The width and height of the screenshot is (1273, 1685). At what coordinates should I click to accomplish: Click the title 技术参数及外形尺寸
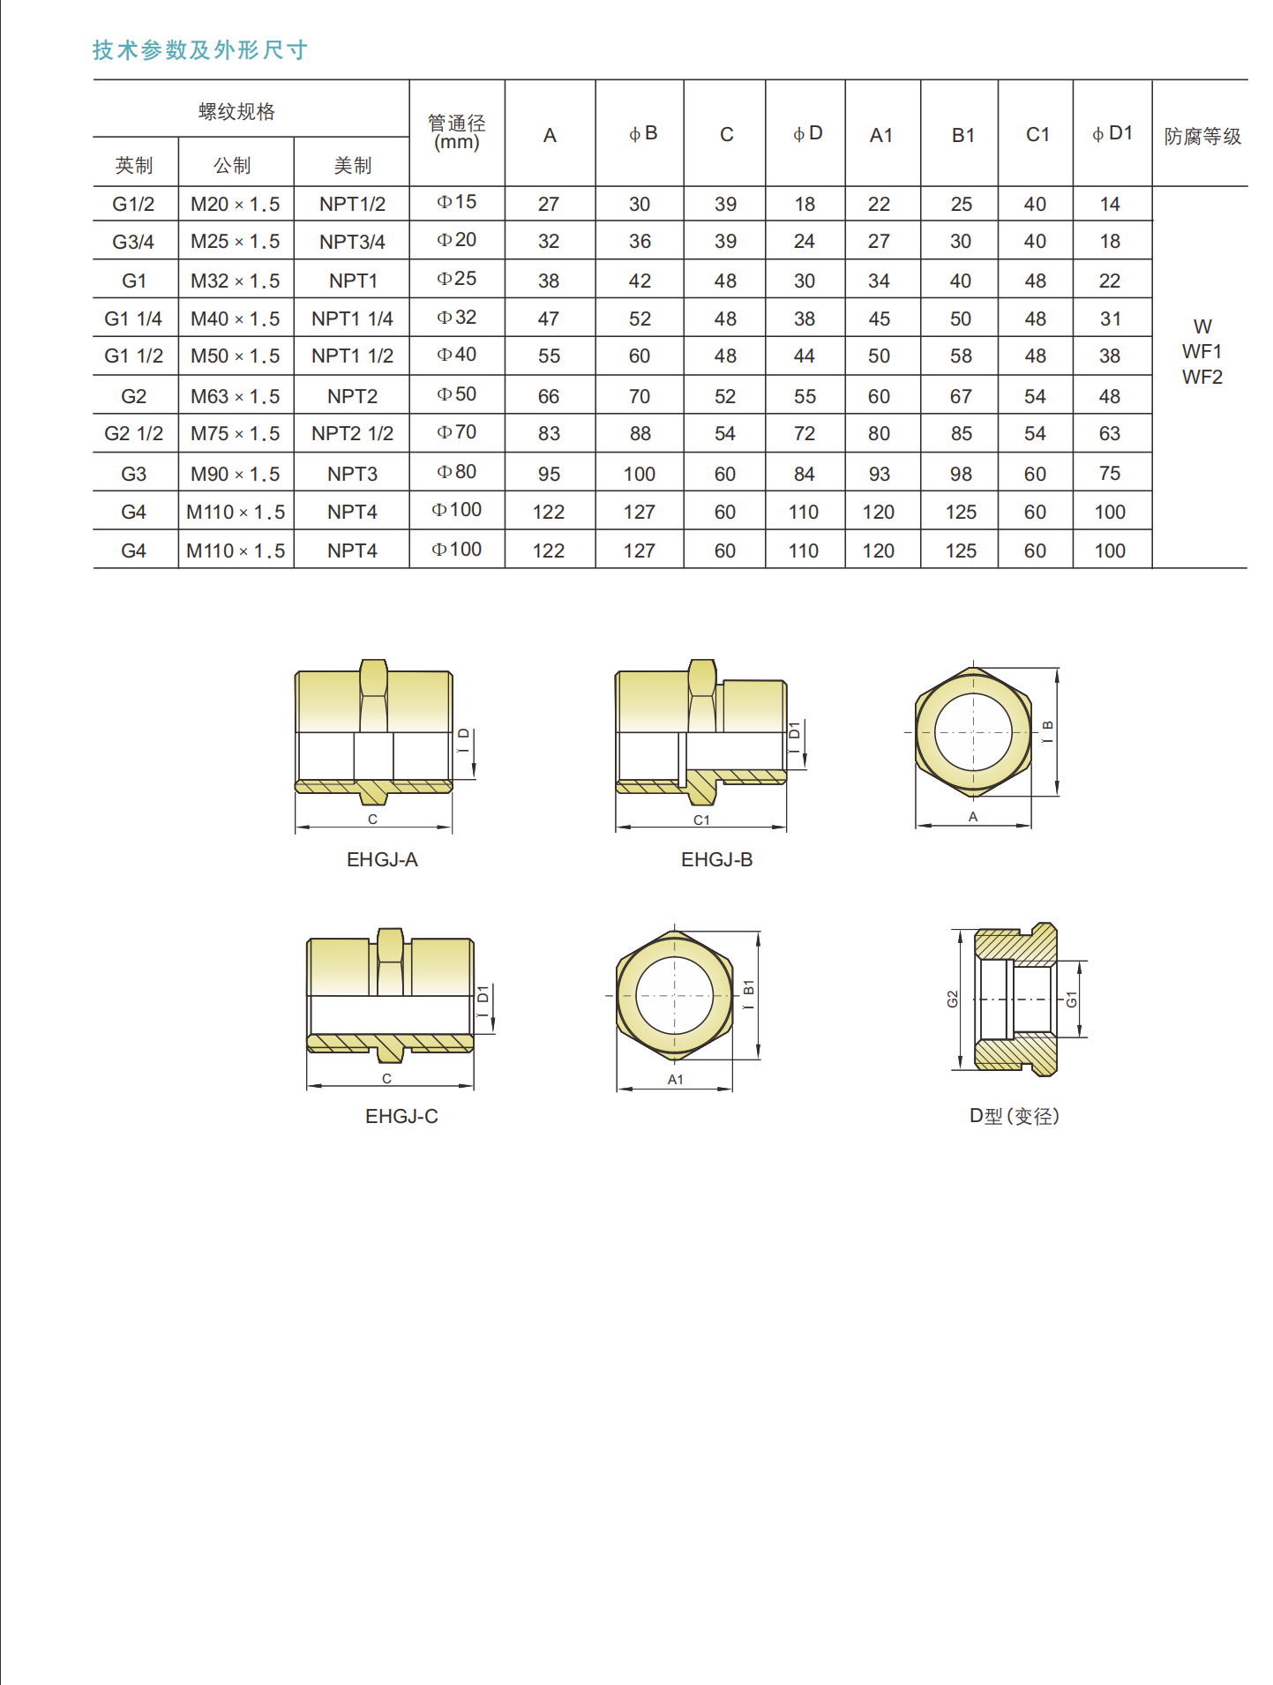[x=200, y=50]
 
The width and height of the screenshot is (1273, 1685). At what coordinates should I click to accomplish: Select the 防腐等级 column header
[x=1202, y=137]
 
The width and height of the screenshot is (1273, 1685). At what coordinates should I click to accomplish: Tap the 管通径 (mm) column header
[x=457, y=133]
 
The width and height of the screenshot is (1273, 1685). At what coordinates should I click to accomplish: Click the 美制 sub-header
[x=353, y=165]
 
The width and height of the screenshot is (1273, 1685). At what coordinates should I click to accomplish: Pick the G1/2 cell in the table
[x=133, y=205]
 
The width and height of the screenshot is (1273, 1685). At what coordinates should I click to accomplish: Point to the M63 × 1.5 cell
[x=236, y=397]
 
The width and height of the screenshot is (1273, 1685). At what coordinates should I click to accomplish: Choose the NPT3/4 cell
[x=352, y=242]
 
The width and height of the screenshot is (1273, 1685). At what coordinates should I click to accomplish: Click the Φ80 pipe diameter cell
[x=457, y=472]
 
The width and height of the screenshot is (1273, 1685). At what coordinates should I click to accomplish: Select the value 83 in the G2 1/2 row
[x=549, y=434]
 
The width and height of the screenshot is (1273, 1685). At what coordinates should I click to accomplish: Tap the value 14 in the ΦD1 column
[x=1110, y=205]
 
